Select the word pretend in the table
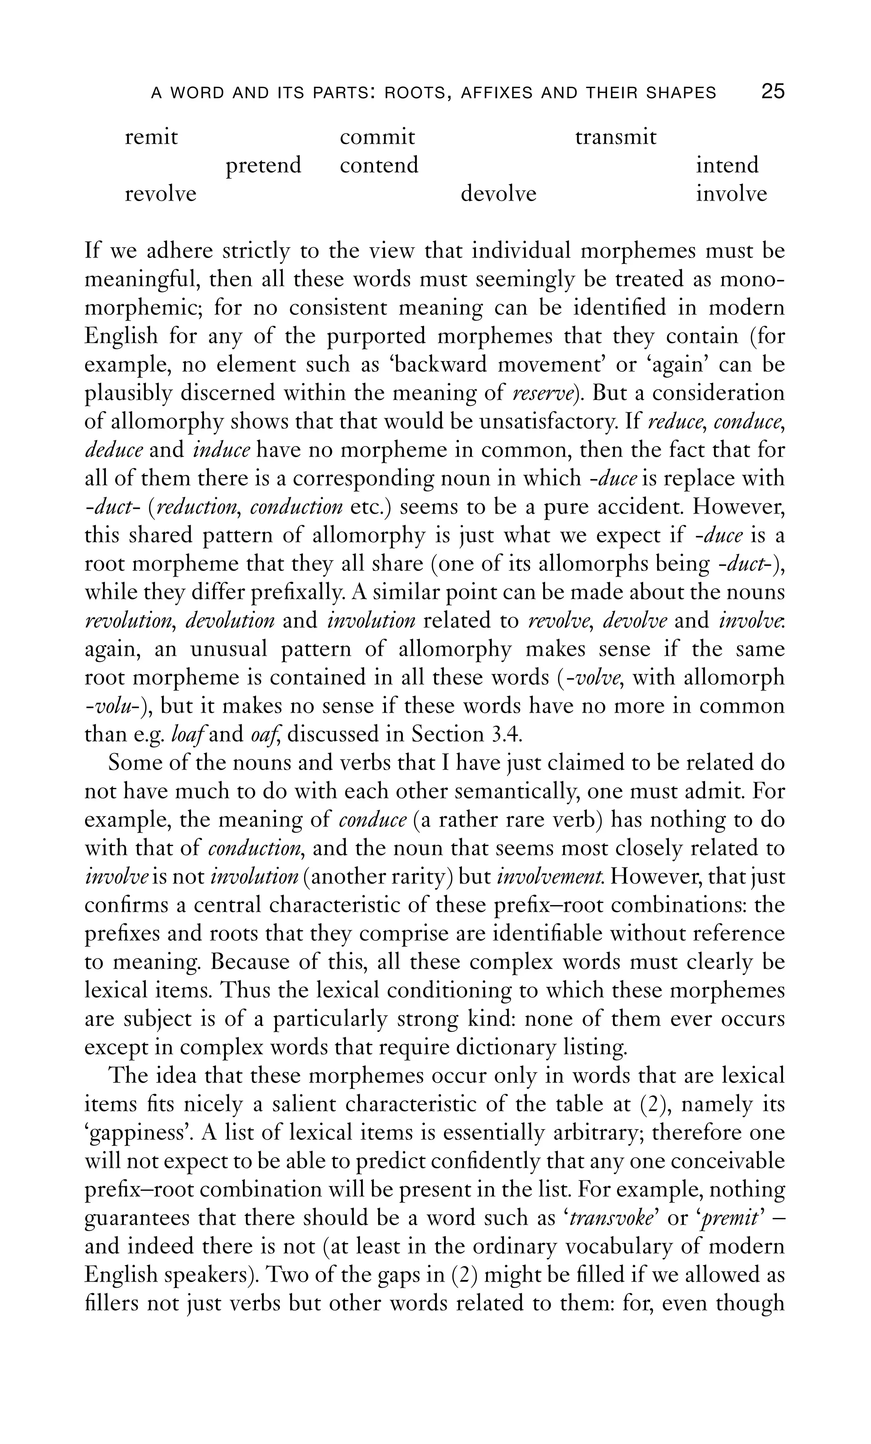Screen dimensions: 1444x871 (263, 165)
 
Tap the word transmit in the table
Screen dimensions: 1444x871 (615, 137)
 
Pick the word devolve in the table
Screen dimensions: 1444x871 (498, 193)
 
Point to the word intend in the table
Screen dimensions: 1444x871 (727, 165)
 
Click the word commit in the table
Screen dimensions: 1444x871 (377, 137)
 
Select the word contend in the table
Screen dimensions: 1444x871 (379, 165)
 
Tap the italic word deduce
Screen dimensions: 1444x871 (114, 450)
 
